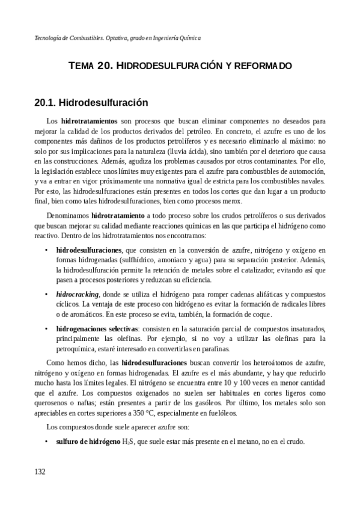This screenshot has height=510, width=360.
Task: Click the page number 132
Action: click(40, 472)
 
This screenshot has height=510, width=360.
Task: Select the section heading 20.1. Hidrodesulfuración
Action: click(91, 103)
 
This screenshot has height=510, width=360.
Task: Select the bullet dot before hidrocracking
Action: click(46, 294)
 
